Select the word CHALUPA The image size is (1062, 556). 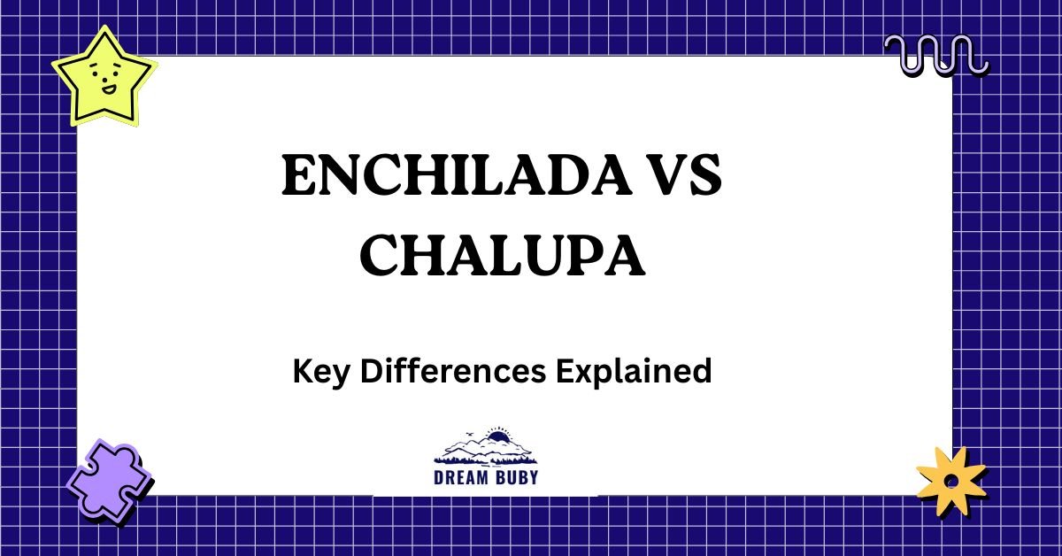(502, 256)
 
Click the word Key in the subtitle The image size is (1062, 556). (314, 371)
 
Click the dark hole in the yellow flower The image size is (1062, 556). (950, 482)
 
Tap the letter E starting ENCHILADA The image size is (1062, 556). (297, 177)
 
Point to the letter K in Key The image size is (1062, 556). (301, 371)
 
